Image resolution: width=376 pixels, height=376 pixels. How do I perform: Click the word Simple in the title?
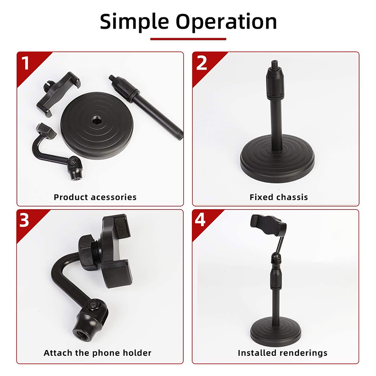tap(134, 22)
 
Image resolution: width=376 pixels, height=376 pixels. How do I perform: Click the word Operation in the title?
tap(226, 22)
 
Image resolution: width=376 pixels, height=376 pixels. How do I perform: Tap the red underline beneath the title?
tap(188, 39)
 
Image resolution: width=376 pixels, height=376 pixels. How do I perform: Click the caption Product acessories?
tap(95, 197)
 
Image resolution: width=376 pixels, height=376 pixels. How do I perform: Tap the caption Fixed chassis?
tap(279, 197)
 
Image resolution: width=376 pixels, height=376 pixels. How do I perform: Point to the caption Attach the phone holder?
tap(97, 353)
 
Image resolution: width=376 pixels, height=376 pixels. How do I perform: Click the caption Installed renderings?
tap(282, 353)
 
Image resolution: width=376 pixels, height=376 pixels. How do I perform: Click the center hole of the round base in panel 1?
tap(97, 120)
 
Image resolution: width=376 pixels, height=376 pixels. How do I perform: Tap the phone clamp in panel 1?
tap(58, 94)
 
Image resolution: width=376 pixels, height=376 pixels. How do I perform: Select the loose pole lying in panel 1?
tap(146, 107)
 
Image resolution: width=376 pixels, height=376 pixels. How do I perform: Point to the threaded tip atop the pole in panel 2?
tap(273, 63)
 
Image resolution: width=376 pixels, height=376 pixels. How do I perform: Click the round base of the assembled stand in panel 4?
tap(275, 331)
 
